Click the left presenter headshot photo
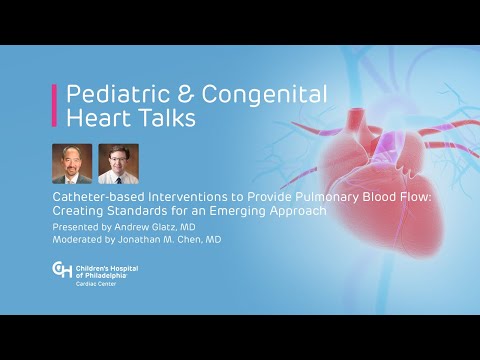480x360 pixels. (72, 163)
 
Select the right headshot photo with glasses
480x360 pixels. (118, 163)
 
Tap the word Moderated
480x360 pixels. (79, 240)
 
